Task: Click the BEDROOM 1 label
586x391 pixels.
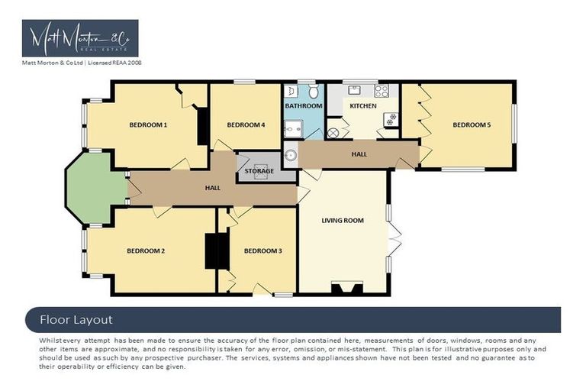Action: pyautogui.click(x=148, y=124)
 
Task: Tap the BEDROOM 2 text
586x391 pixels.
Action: pyautogui.click(x=146, y=250)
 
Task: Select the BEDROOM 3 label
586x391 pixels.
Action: pyautogui.click(x=263, y=250)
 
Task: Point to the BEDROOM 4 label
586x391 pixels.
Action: pyautogui.click(x=246, y=124)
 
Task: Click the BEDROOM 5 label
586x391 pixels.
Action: pyautogui.click(x=472, y=124)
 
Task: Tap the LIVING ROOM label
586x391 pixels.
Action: pyautogui.click(x=343, y=221)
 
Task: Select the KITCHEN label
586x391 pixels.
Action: pyautogui.click(x=363, y=106)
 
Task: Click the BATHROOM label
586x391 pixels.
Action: pyautogui.click(x=304, y=106)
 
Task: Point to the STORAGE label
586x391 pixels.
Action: pyautogui.click(x=259, y=171)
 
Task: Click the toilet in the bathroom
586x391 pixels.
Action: pyautogui.click(x=311, y=92)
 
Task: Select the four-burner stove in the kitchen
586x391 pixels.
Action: pyautogui.click(x=381, y=91)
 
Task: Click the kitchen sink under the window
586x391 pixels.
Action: pyautogui.click(x=355, y=90)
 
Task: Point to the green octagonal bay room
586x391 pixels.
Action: pyautogui.click(x=95, y=188)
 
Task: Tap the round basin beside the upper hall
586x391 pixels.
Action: pyautogui.click(x=291, y=156)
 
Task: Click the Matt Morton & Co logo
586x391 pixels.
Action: pyautogui.click(x=80, y=39)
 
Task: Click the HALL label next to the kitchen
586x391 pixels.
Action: pyautogui.click(x=359, y=153)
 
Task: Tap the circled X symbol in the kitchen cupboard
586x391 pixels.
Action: pyautogui.click(x=333, y=133)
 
